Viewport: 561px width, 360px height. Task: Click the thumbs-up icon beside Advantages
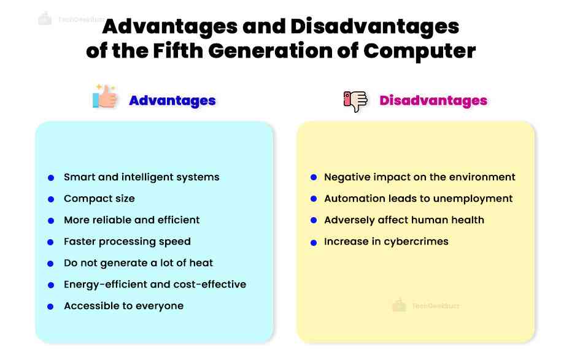105,98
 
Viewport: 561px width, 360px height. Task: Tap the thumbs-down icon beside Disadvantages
355,101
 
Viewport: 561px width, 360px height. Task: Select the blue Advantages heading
172,101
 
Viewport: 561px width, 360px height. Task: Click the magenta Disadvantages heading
433,101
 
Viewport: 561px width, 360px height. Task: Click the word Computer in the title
419,51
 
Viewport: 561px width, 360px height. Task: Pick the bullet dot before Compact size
51,199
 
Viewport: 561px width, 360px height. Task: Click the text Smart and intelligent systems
141,177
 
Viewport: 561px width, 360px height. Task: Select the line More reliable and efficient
131,220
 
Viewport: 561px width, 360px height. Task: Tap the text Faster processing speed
127,242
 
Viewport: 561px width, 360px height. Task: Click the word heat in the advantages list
201,263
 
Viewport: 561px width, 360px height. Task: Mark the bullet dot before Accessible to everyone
51,307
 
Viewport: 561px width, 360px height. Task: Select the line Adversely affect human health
404,220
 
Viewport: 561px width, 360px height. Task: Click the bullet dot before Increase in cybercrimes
313,242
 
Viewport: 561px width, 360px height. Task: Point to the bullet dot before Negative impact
313,178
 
